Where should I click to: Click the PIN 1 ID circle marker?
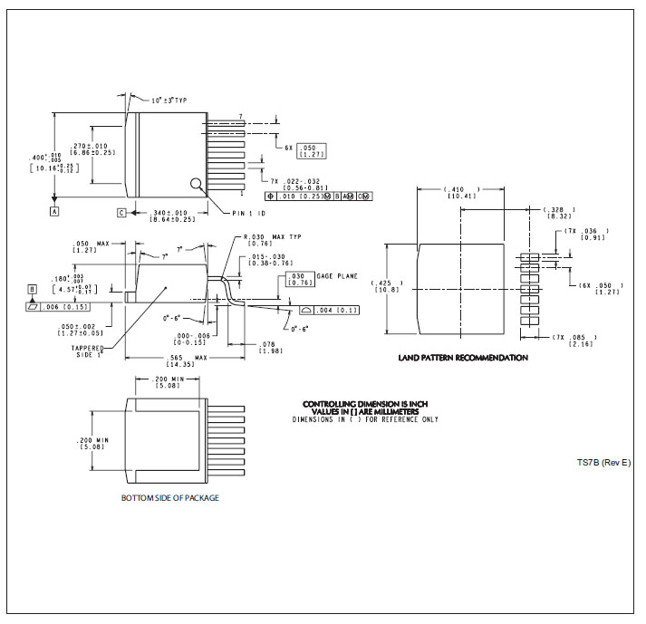coord(197,185)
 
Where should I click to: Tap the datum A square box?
coord(54,211)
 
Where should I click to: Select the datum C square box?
coord(121,213)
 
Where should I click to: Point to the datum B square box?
coord(32,290)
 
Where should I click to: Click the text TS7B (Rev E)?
coord(603,463)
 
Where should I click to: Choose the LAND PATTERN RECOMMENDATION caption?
coord(463,358)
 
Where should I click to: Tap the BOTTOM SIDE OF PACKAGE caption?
coord(170,498)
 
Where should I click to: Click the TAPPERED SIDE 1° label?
coord(90,351)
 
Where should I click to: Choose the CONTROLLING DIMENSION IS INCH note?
coord(364,403)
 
